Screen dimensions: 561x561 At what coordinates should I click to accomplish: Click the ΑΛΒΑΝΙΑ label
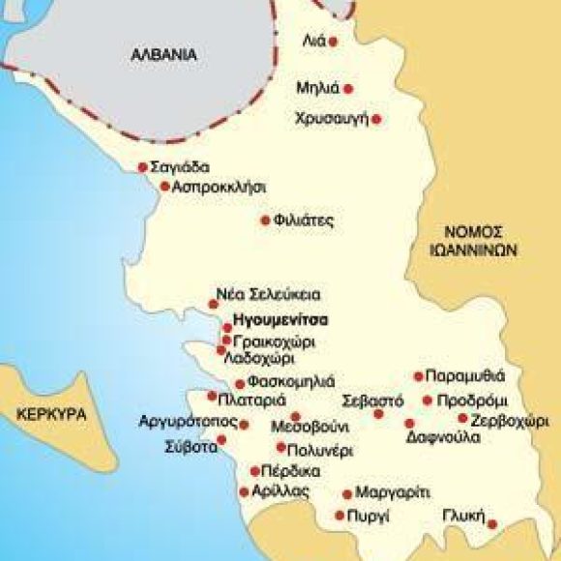point(164,55)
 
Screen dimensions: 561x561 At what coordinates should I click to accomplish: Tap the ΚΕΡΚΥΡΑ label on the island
point(52,413)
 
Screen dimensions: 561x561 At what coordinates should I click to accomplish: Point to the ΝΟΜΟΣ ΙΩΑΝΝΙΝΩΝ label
point(476,240)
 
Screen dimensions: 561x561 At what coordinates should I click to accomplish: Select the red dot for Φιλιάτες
point(265,221)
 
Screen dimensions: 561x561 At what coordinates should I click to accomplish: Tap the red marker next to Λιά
point(334,42)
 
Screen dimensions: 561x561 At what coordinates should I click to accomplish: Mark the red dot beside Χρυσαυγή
point(376,119)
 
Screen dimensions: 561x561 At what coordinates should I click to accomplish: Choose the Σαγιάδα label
point(181,166)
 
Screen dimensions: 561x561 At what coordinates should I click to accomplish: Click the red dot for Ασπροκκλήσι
point(165,186)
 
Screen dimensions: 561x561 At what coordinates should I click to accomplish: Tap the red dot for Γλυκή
point(492,524)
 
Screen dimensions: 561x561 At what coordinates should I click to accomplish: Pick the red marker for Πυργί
point(340,516)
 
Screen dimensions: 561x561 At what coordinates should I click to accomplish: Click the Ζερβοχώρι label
point(510,420)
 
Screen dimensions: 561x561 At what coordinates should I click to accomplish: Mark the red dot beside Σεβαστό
point(379,414)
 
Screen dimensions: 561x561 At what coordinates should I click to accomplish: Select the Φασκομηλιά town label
point(291,381)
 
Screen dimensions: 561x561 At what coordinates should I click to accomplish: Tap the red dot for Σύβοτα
point(221,441)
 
